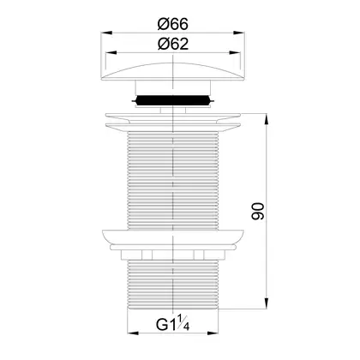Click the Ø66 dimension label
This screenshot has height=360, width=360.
(x=173, y=24)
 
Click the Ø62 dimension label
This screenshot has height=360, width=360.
(x=173, y=45)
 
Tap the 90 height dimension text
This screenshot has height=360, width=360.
(x=258, y=211)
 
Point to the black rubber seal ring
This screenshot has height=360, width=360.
(x=173, y=100)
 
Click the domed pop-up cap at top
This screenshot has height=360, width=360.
(x=173, y=72)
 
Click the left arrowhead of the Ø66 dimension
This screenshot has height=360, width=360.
(x=106, y=33)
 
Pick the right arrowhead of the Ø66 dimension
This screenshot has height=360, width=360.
(x=239, y=33)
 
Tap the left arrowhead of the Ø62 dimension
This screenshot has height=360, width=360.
(x=111, y=53)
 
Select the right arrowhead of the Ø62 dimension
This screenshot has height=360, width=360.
(x=234, y=53)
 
